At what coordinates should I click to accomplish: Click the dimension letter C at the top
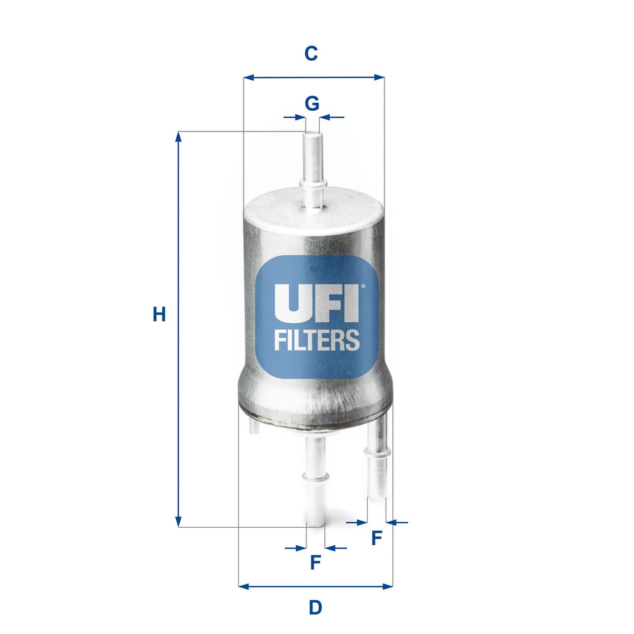click(x=311, y=53)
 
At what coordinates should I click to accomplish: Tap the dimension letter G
click(x=312, y=103)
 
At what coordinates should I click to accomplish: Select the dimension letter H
click(x=159, y=314)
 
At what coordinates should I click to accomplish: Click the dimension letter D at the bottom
click(x=315, y=607)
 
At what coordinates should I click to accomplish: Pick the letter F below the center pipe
click(x=316, y=563)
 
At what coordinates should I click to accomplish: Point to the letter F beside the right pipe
click(x=376, y=538)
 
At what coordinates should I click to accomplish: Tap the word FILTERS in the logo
click(x=317, y=340)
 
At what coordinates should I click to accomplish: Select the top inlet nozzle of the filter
click(x=312, y=167)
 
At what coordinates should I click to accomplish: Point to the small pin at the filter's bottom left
click(x=253, y=426)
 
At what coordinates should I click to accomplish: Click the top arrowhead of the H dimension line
click(x=178, y=136)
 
